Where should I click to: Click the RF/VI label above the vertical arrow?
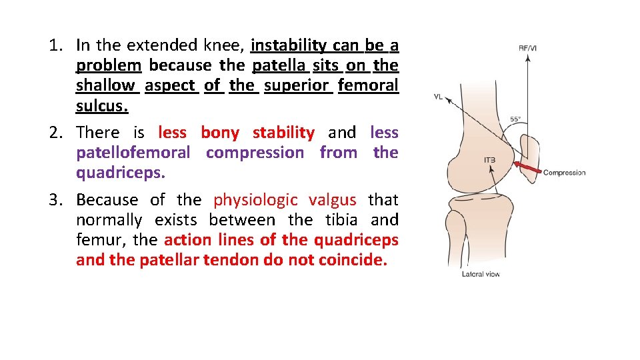pyautogui.click(x=528, y=47)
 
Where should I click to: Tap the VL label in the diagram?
pyautogui.click(x=438, y=97)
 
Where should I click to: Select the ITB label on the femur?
pyautogui.click(x=489, y=160)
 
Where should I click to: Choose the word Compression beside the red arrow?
pyautogui.click(x=564, y=173)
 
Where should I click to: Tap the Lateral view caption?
pyautogui.click(x=480, y=274)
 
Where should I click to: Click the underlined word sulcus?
pyautogui.click(x=101, y=106)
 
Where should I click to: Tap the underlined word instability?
pyautogui.click(x=289, y=45)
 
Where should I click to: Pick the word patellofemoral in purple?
pyautogui.click(x=133, y=153)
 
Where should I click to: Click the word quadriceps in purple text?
pyautogui.click(x=119, y=173)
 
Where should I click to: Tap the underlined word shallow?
pyautogui.click(x=105, y=85)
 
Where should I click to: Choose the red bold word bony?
pyautogui.click(x=219, y=133)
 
